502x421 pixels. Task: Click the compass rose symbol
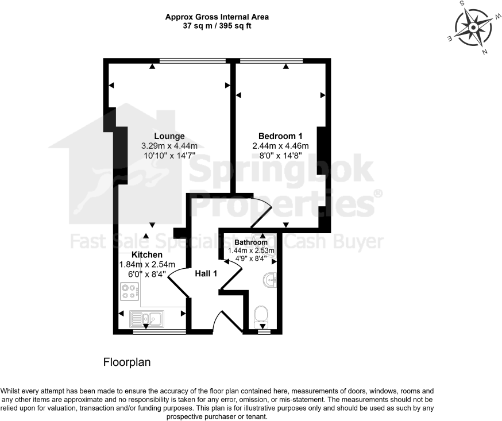coord(474,27)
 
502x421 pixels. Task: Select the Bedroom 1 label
coord(280,136)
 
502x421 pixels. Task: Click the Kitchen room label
coord(147,254)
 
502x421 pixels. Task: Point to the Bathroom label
coord(251,242)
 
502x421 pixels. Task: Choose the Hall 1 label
coord(206,273)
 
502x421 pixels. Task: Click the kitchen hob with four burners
coord(130,291)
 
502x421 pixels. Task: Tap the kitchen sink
coord(147,318)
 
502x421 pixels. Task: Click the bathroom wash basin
coord(269,281)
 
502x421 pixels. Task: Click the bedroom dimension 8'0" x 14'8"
coord(280,156)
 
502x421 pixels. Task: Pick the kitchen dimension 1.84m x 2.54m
coord(147,264)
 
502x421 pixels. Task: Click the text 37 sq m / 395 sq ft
coord(217,26)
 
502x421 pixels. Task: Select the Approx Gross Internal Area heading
coord(217,17)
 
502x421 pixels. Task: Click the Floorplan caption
coord(126,362)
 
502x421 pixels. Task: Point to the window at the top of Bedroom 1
coord(271,60)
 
